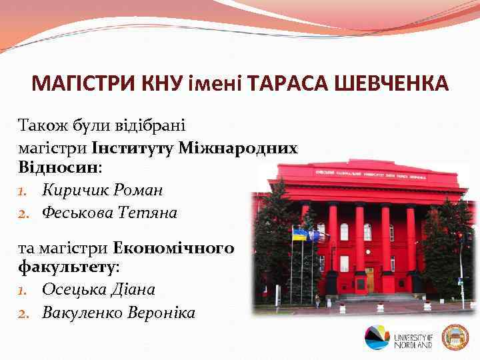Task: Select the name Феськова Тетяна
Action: point(109,213)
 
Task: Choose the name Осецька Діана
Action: point(98,289)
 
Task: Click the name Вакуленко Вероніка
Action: point(119,312)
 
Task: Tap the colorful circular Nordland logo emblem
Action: point(377,338)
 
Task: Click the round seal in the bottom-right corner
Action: point(456,338)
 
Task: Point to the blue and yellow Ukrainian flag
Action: point(299,234)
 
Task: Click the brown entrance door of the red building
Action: point(369,279)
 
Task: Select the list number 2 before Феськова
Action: point(23,213)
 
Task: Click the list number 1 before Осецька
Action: point(23,290)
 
